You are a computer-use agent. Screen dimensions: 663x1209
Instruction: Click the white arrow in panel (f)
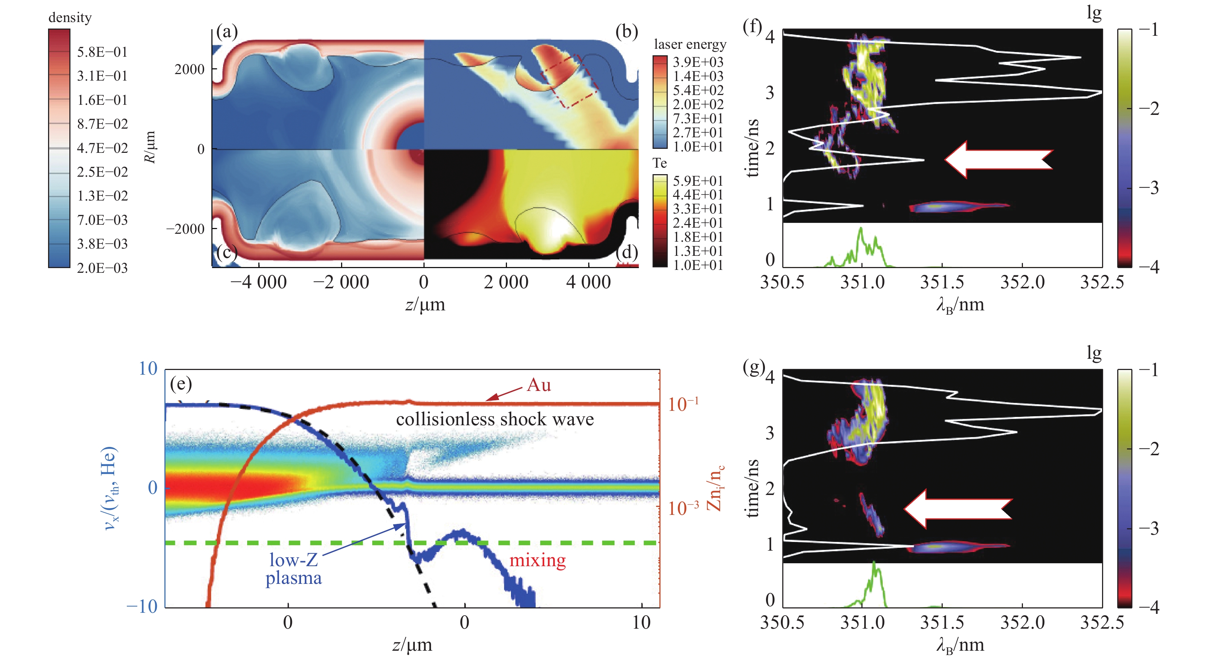click(x=997, y=160)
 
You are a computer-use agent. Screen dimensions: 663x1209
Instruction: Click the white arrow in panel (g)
click(x=958, y=509)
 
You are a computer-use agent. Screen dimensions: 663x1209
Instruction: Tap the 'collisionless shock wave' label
click(x=495, y=419)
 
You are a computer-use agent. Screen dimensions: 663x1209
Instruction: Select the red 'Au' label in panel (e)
click(x=538, y=385)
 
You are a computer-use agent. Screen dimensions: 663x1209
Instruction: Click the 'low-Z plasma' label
click(x=294, y=569)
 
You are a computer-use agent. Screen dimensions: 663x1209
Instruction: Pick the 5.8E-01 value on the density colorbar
click(x=102, y=52)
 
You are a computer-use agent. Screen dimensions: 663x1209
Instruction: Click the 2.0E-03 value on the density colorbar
click(x=102, y=268)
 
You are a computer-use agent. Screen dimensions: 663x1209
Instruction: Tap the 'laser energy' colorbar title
click(x=689, y=44)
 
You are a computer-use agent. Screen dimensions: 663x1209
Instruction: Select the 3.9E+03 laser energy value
click(x=698, y=62)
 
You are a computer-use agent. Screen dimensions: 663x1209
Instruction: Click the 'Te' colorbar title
click(x=659, y=163)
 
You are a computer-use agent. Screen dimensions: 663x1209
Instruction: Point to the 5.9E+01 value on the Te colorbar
click(x=698, y=181)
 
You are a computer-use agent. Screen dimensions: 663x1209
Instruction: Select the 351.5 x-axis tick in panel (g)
click(x=942, y=623)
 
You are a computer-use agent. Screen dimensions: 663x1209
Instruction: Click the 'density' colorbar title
click(x=70, y=18)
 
